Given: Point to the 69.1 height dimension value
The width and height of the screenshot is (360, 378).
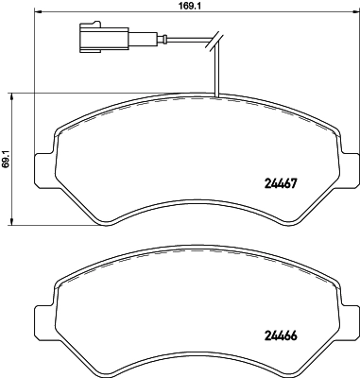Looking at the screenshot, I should [6, 157].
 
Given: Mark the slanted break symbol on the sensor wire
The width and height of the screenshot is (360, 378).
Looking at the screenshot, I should [215, 39].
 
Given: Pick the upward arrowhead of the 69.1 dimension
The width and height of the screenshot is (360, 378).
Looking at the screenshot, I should [13, 94].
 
